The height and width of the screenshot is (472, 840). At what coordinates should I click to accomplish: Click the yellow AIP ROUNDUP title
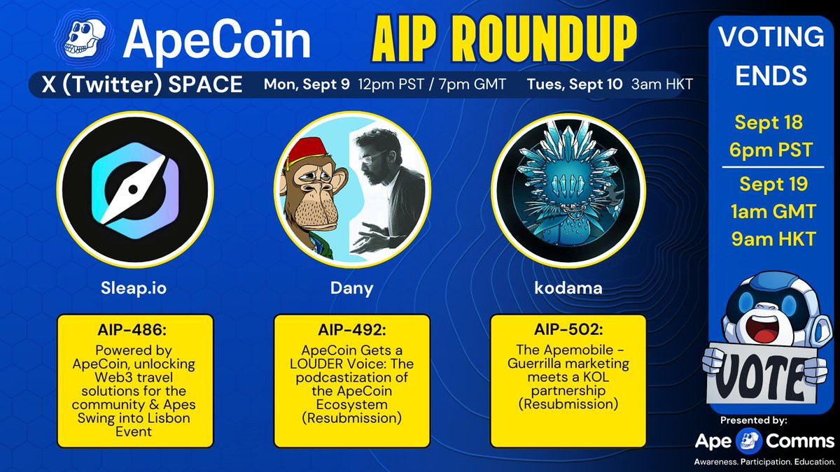[x=505, y=39]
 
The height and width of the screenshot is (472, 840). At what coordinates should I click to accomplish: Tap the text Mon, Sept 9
[x=307, y=85]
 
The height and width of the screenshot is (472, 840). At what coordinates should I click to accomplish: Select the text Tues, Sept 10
[x=575, y=85]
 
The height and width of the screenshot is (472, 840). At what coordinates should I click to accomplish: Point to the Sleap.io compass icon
[x=135, y=190]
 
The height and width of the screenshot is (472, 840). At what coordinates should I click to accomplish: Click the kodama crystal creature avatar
[x=568, y=190]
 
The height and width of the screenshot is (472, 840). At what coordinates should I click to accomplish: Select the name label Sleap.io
[x=134, y=288]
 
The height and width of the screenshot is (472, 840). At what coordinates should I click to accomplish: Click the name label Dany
[x=351, y=288]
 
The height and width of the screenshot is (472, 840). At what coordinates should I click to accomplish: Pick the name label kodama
[x=568, y=288]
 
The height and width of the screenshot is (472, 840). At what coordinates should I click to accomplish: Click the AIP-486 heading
[x=132, y=330]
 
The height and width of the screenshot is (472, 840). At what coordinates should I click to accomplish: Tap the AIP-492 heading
[x=351, y=330]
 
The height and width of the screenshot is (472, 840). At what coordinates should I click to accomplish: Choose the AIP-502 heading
[x=568, y=329]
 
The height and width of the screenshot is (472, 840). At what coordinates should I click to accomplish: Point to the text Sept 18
[x=769, y=122]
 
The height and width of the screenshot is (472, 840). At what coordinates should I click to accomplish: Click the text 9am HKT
[x=773, y=238]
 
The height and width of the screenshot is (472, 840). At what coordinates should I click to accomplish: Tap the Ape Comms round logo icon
[x=749, y=441]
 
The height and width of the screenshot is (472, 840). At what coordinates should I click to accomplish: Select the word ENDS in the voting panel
[x=771, y=76]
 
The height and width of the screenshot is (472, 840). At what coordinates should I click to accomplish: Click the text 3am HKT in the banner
[x=662, y=85]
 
